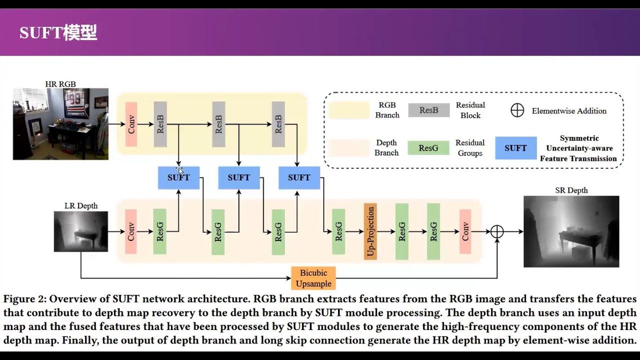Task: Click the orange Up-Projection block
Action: (x=370, y=231)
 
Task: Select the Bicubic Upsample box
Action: (x=313, y=278)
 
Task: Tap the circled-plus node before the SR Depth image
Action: (x=496, y=231)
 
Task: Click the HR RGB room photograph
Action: (x=60, y=124)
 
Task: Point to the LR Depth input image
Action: (x=81, y=231)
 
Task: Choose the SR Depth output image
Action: (x=571, y=231)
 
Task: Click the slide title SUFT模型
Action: (x=58, y=33)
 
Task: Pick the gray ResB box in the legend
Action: (x=428, y=110)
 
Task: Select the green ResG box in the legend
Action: (x=428, y=148)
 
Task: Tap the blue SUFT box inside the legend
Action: (x=515, y=148)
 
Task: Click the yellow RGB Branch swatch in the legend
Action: (x=348, y=110)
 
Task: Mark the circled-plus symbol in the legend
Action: (x=517, y=110)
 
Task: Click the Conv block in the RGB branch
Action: (x=131, y=124)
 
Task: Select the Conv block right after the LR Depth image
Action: (x=131, y=231)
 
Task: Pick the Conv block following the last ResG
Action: (x=465, y=231)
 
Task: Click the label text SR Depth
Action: (x=571, y=190)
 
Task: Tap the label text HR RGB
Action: (x=60, y=84)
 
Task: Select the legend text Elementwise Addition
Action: (x=569, y=111)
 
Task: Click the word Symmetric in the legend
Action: (x=579, y=138)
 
